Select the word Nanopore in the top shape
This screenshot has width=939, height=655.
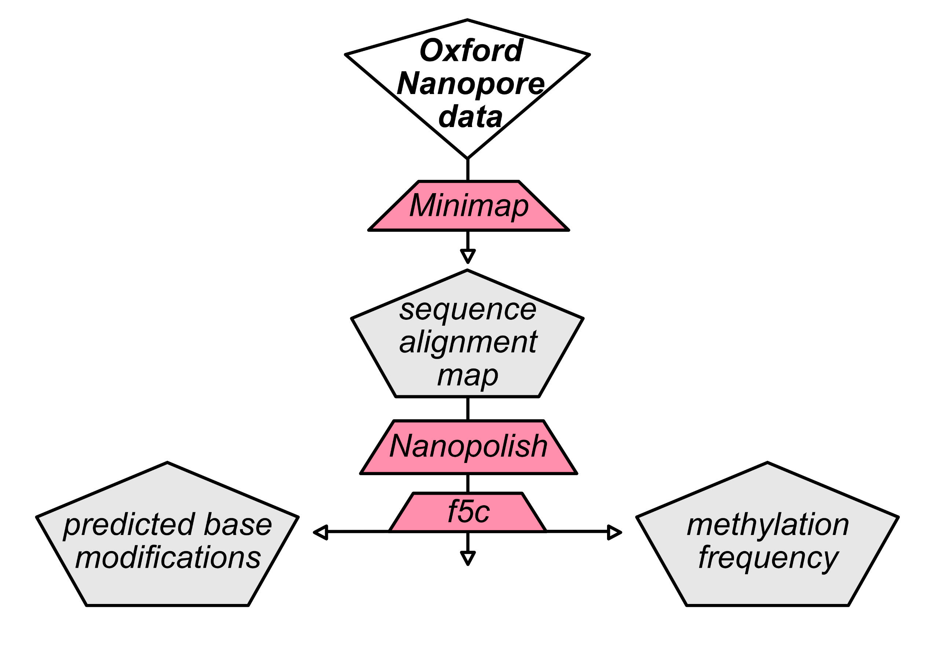click(x=470, y=83)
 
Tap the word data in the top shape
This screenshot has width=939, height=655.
click(x=470, y=117)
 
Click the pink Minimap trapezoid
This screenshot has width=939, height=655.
click(x=469, y=206)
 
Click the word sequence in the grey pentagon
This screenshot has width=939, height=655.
click(x=467, y=310)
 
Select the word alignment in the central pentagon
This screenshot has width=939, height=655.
click(x=467, y=343)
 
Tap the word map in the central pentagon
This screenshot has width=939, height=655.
click(x=467, y=375)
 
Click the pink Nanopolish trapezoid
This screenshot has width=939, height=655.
click(x=468, y=446)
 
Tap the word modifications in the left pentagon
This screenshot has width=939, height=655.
click(x=168, y=558)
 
